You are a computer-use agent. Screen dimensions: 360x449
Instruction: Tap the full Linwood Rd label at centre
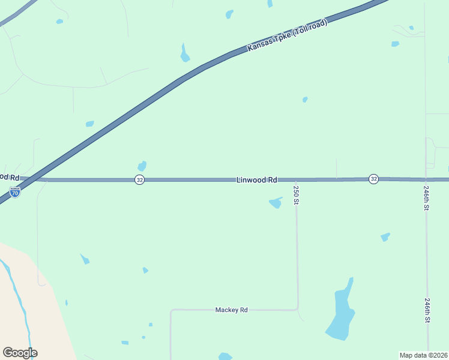(x=256, y=179)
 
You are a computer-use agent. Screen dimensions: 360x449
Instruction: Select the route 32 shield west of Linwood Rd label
(x=139, y=179)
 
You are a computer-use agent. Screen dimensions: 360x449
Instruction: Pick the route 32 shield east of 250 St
(x=373, y=179)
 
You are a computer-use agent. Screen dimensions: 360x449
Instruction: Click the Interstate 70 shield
(x=15, y=192)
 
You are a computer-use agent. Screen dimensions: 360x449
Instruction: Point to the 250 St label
(x=296, y=195)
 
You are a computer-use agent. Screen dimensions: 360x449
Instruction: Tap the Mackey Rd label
(x=231, y=310)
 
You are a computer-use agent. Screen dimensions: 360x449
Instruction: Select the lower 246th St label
(x=427, y=311)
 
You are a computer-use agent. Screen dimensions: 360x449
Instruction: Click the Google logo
(x=20, y=353)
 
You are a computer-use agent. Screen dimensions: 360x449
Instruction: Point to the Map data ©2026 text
(x=423, y=355)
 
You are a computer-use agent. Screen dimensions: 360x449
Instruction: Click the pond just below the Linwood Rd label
(x=276, y=203)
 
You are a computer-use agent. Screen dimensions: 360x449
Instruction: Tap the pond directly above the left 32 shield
(x=142, y=166)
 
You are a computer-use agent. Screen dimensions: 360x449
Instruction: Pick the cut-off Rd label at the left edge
(x=10, y=178)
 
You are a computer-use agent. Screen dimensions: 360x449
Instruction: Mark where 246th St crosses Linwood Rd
(x=426, y=179)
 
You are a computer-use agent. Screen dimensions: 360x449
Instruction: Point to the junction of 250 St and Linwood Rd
(x=296, y=179)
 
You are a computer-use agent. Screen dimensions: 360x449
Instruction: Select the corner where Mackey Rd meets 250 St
(x=297, y=309)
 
